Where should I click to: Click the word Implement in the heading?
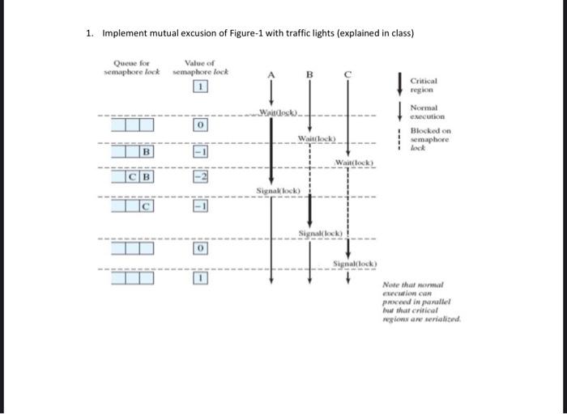point(127,33)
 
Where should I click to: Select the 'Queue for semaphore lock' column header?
point(132,68)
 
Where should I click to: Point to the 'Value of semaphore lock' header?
point(199,68)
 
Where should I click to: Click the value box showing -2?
point(200,176)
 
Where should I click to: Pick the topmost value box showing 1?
point(200,87)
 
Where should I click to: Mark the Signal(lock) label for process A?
point(279,191)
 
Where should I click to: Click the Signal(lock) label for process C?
point(353,264)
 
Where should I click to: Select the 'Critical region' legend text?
point(424,86)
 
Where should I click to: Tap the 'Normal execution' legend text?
point(424,112)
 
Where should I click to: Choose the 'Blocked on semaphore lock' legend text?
point(429,139)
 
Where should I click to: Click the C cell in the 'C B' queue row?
point(131,176)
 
